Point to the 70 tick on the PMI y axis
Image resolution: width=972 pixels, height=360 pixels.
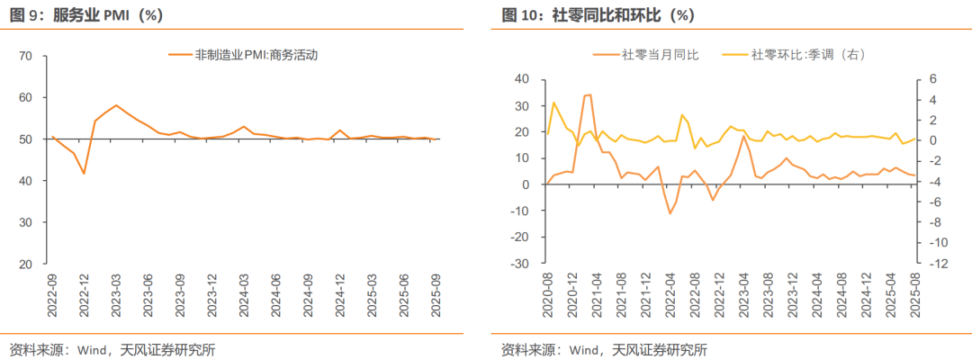point(25,57)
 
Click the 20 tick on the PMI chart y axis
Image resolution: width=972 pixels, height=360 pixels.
point(25,265)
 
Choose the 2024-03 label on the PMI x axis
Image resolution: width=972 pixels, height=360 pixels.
point(244,295)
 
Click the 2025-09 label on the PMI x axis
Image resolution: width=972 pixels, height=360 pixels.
point(436,295)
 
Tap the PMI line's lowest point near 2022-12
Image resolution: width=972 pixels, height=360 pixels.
point(85,173)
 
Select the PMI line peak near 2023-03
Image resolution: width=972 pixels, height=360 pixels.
point(116,105)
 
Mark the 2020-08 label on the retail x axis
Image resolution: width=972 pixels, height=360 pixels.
point(547,295)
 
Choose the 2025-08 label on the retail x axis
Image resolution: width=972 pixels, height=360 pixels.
point(915,295)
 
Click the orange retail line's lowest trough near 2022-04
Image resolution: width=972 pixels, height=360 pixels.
point(670,213)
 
